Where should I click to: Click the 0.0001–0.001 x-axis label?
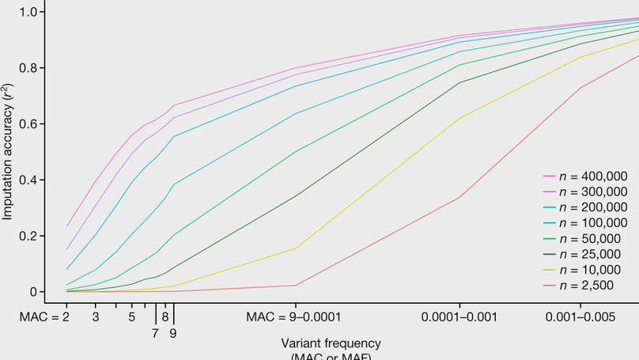pos(459,316)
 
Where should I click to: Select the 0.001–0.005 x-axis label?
pos(580,316)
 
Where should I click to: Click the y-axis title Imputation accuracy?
pos(8,151)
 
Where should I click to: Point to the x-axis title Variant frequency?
pos(331,343)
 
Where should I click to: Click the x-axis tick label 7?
pos(155,332)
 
